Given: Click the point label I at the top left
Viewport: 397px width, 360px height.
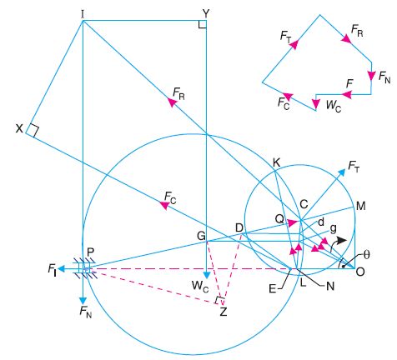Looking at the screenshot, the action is [x=83, y=14].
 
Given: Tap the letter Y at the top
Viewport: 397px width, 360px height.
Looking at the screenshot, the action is [x=206, y=13].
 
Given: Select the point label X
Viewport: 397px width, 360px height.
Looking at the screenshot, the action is [x=19, y=128].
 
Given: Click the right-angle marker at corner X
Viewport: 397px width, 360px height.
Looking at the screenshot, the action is [x=33, y=131].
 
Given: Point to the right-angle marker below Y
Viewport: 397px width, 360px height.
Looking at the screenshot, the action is [x=203, y=24].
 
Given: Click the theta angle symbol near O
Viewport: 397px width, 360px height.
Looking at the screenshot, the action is [x=367, y=255].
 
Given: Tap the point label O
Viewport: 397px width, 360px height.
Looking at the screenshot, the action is [x=360, y=272].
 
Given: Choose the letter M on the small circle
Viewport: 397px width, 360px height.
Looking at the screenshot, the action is [x=360, y=206].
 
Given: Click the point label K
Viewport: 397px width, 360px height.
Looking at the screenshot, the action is [x=276, y=163].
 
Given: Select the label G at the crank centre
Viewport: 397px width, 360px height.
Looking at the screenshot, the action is [x=201, y=236].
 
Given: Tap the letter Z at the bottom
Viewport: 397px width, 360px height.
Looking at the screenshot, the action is [x=224, y=312].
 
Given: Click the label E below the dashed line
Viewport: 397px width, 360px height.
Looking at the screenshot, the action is [x=273, y=289].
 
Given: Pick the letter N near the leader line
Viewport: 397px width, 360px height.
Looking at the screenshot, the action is [x=330, y=286].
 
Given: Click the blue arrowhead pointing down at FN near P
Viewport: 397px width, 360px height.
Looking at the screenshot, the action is [x=83, y=301].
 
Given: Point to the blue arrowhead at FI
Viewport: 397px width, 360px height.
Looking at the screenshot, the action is [x=62, y=269].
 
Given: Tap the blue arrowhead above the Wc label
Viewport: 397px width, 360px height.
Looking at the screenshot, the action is [x=206, y=275].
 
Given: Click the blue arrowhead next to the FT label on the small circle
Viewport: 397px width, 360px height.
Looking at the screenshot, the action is [x=342, y=172].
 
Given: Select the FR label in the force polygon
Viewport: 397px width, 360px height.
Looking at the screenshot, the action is [x=357, y=31].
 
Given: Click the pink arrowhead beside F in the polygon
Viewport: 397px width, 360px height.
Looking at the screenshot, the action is [x=347, y=94].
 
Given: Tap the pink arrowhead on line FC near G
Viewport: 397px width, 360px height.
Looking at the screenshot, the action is [x=164, y=205].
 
